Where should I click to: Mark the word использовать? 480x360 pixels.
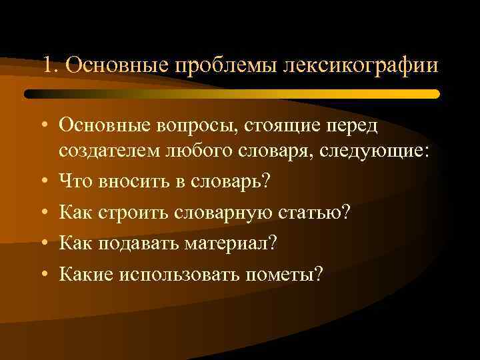tap(185, 273)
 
